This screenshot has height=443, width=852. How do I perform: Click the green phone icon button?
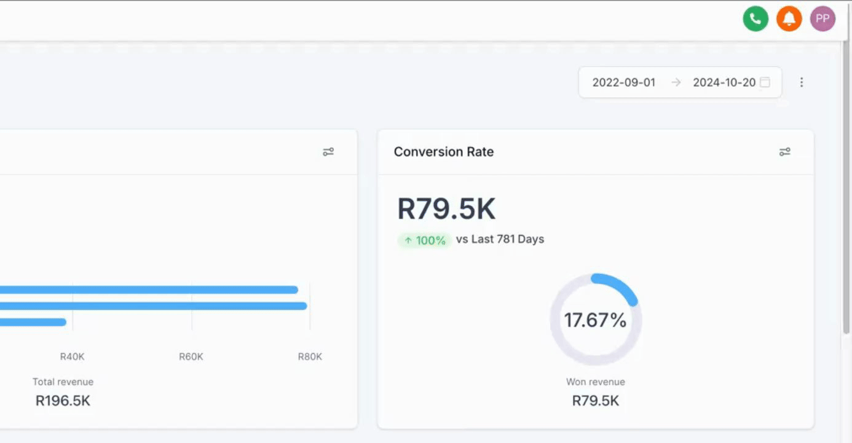(755, 18)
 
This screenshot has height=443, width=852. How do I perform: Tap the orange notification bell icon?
(789, 18)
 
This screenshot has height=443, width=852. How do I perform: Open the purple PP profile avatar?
(822, 18)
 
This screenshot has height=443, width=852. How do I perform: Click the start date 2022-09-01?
(623, 82)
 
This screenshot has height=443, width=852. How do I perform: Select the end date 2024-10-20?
(724, 82)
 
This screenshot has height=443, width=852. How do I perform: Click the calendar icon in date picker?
(765, 82)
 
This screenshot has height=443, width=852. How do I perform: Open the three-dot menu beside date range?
(801, 82)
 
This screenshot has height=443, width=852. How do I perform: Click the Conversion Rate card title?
(443, 152)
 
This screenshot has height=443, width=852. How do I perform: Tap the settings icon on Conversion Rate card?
(784, 152)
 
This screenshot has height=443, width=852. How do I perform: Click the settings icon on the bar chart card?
(328, 152)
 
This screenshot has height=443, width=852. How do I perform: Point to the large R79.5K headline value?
(446, 209)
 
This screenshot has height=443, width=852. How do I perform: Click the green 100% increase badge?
(425, 240)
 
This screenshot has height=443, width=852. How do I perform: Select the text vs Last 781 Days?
(500, 239)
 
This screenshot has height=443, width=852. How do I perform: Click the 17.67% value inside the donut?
(595, 320)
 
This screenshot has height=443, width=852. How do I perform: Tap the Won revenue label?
(595, 382)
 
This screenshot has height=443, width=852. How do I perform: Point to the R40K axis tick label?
(72, 357)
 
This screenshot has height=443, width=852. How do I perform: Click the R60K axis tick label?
(191, 357)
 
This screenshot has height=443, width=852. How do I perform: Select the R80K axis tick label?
(310, 357)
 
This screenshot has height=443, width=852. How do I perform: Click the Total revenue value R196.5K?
(63, 401)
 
